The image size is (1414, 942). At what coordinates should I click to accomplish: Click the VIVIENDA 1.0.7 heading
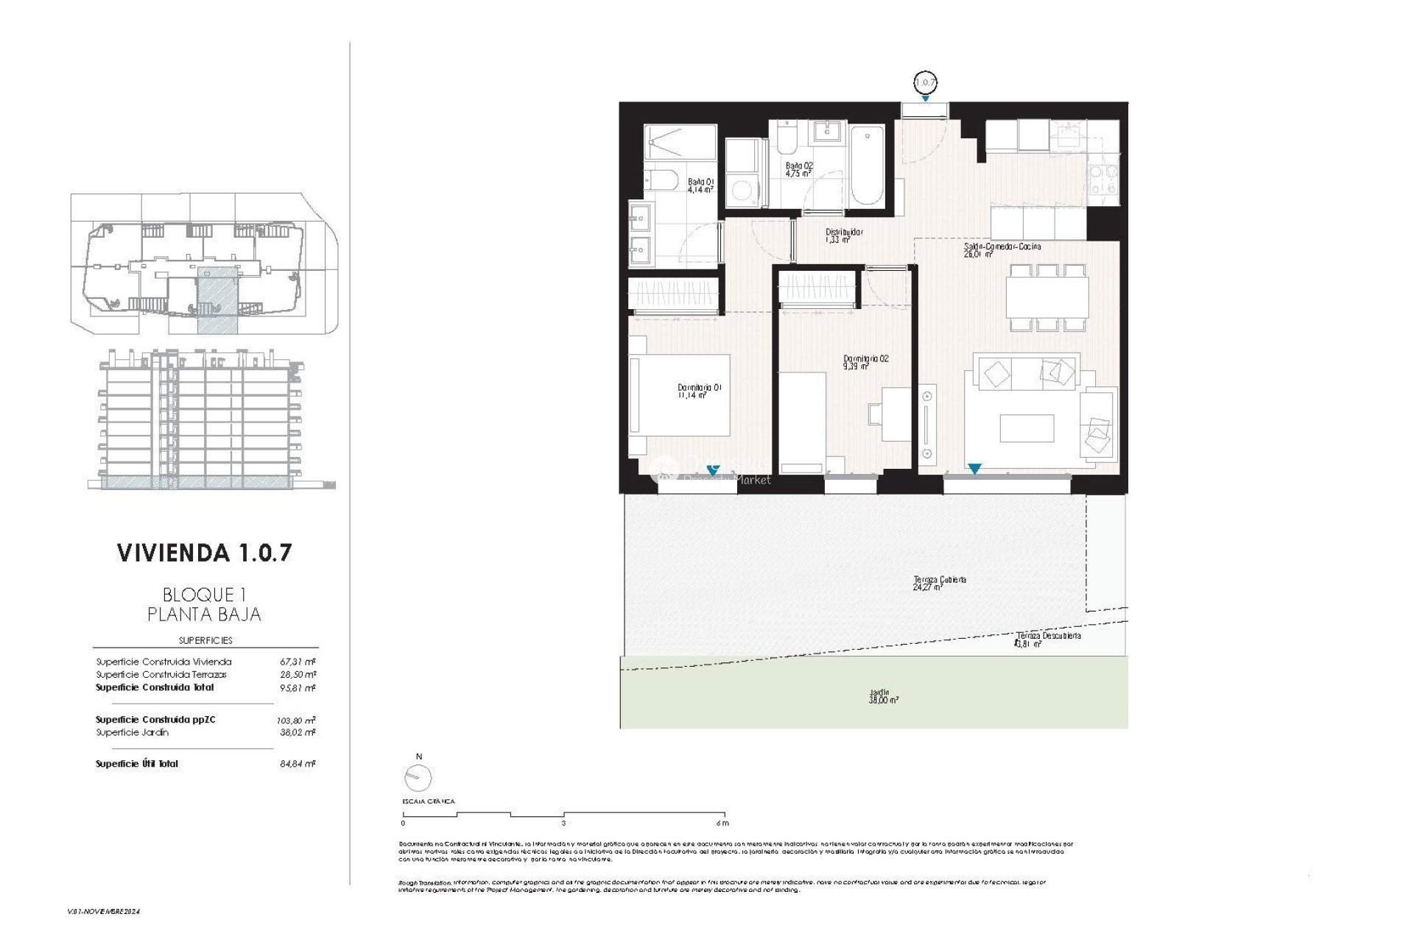pos(205,553)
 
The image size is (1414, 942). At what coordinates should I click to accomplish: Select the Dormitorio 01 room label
pos(698,391)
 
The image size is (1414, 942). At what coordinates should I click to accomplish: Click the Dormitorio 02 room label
pos(865,361)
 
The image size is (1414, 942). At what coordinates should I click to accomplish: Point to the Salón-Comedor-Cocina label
pos(1002,249)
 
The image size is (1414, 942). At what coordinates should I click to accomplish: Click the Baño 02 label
pos(798,170)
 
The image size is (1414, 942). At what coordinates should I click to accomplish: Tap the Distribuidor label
pos(843,235)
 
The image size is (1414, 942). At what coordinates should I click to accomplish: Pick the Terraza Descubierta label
pos(1048,639)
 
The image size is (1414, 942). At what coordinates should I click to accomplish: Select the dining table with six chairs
pos(1047,298)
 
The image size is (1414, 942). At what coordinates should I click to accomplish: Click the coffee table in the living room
pos(1027,428)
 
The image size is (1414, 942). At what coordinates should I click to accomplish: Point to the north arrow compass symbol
pos(418,776)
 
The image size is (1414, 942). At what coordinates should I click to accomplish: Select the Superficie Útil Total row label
pos(137,764)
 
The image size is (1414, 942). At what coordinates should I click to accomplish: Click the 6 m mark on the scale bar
pos(722,823)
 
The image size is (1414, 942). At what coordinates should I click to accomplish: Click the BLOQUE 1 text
pos(204,595)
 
